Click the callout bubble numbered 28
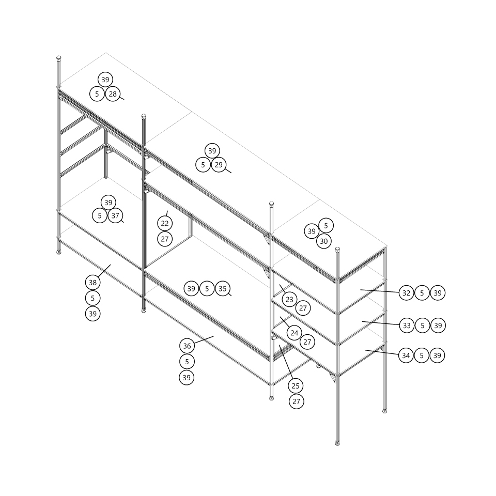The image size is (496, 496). pos(113,94)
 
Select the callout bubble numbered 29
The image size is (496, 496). pos(219,165)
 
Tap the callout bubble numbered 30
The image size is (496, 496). pos(324,241)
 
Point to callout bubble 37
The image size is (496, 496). pos(115,215)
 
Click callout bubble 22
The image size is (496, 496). pos(165,223)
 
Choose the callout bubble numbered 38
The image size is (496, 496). pos(92,283)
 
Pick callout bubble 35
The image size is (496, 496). pos(223,288)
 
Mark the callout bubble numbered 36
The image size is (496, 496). pos(187,346)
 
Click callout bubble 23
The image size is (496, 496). pos(289,299)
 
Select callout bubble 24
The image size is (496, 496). pos(294,333)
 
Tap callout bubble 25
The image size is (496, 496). pos(296,386)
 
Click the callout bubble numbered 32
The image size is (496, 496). pos(407,293)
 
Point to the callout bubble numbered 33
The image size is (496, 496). pos(407,326)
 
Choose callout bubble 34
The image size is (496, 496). pos(406,355)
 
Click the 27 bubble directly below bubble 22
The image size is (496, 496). pos(165,239)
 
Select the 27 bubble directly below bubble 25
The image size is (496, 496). pos(297,401)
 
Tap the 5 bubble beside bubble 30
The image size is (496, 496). pos(326,226)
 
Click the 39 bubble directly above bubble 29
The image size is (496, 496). pos(212,151)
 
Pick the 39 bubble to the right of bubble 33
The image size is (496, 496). pos(438,326)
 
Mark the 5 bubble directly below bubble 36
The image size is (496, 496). pos(187,362)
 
